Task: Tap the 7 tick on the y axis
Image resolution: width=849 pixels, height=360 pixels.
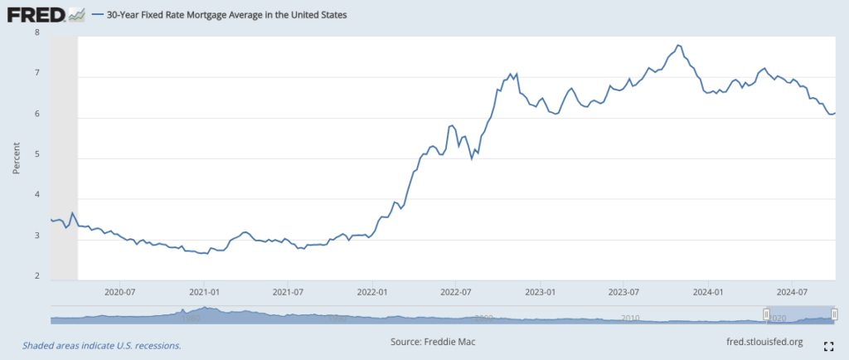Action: (x=36, y=74)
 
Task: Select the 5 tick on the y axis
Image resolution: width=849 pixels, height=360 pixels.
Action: (x=36, y=155)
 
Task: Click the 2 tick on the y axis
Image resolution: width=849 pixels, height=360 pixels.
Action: (x=36, y=277)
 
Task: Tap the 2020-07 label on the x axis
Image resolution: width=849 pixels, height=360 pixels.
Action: (x=119, y=292)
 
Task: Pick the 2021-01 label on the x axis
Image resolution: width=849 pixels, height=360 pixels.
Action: (x=204, y=292)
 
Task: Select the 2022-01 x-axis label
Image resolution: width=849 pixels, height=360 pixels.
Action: (x=372, y=292)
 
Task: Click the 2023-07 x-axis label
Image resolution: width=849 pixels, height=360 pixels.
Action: (x=623, y=292)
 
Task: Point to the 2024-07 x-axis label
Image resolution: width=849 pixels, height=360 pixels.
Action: (x=792, y=292)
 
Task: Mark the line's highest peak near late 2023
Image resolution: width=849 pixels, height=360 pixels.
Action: (x=678, y=45)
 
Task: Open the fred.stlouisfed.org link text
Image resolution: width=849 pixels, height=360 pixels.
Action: (x=764, y=341)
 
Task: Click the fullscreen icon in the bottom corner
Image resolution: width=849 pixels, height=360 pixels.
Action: (x=827, y=345)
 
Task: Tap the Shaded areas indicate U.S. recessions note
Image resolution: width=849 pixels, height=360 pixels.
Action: (x=101, y=345)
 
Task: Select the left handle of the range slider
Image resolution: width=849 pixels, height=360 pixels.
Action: (x=767, y=314)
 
